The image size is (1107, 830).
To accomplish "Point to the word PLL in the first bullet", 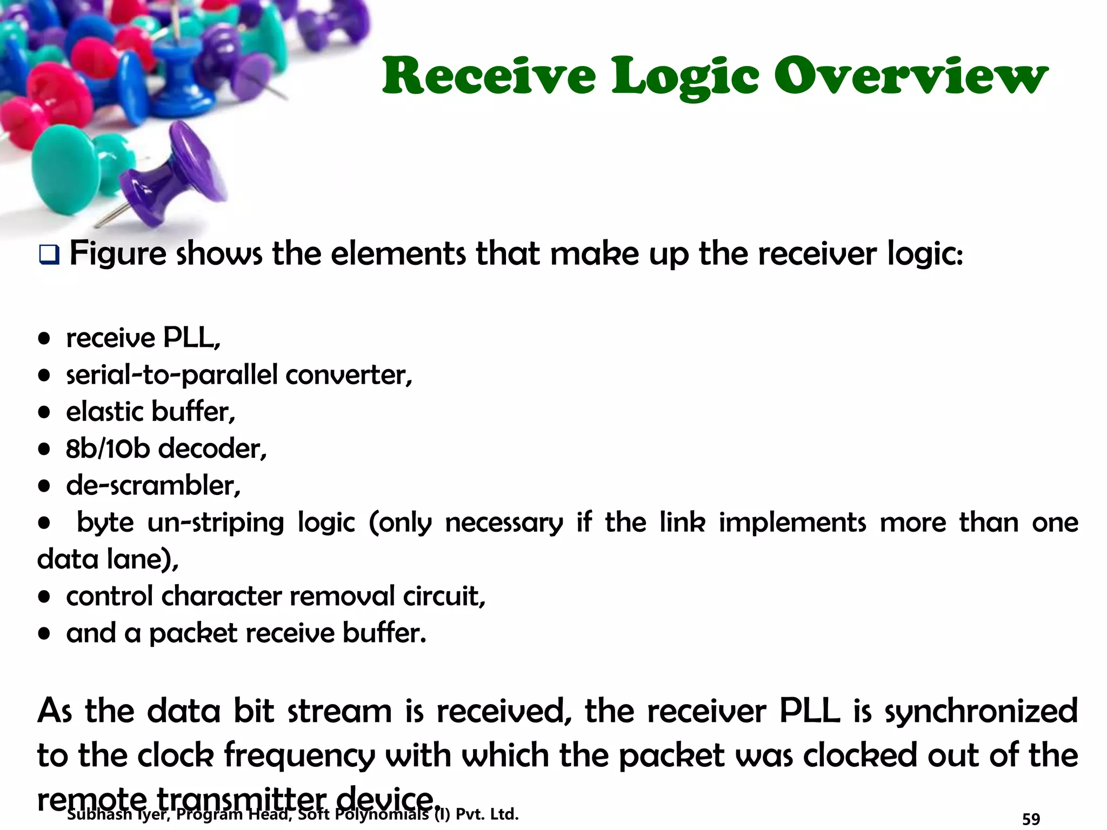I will pos(191,338).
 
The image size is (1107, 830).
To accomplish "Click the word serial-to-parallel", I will pos(172,375).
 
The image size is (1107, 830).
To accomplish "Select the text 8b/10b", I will pos(108,449).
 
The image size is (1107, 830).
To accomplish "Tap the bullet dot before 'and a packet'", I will pos(44,633).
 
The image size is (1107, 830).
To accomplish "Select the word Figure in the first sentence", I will pos(117,253).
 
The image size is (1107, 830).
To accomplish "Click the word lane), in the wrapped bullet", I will pos(143,559).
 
